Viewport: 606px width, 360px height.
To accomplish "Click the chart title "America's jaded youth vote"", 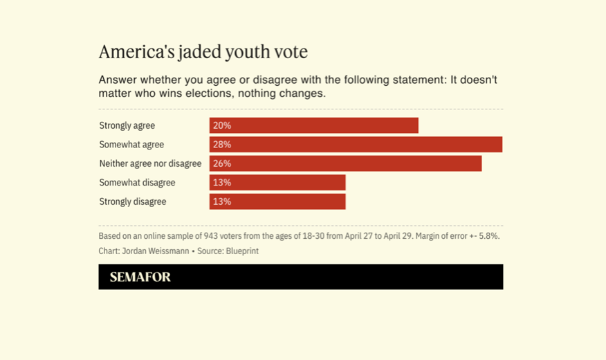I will (x=203, y=53).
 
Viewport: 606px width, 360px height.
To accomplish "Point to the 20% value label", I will (x=222, y=125).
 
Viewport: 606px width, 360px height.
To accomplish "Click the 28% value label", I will (x=222, y=145).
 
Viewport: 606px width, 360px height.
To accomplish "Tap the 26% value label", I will (x=222, y=163).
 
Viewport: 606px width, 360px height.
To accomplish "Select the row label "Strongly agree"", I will (x=127, y=125).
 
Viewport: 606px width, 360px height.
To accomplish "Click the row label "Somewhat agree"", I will (x=131, y=145).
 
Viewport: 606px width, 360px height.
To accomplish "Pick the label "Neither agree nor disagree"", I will (x=150, y=163).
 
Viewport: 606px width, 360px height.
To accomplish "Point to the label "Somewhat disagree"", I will (x=137, y=183).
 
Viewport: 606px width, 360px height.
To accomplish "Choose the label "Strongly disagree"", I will (x=133, y=201).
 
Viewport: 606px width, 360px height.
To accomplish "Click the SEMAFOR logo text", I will (x=140, y=277).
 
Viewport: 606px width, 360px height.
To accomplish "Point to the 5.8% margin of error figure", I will (x=489, y=235).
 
